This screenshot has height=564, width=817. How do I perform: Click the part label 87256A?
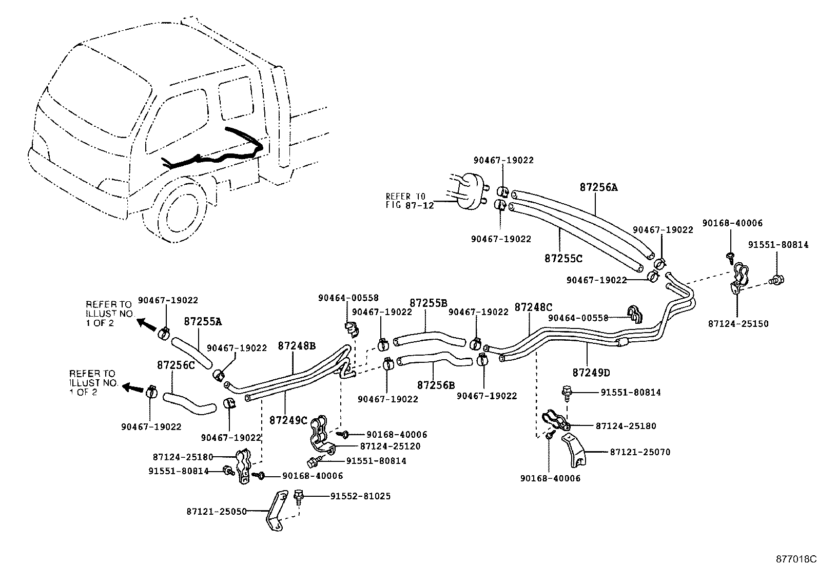(598, 188)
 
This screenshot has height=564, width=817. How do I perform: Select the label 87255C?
(563, 259)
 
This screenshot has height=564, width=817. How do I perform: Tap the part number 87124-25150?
(738, 324)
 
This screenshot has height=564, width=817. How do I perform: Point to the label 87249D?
(591, 373)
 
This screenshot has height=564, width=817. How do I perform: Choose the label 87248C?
(533, 307)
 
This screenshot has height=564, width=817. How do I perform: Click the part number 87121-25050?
(217, 511)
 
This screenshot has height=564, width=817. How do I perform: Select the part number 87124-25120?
(390, 446)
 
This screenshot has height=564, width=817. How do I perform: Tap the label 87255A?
(203, 322)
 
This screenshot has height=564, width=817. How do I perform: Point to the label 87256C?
(176, 365)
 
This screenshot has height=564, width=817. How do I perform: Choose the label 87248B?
(297, 345)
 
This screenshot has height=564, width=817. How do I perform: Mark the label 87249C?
(288, 420)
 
